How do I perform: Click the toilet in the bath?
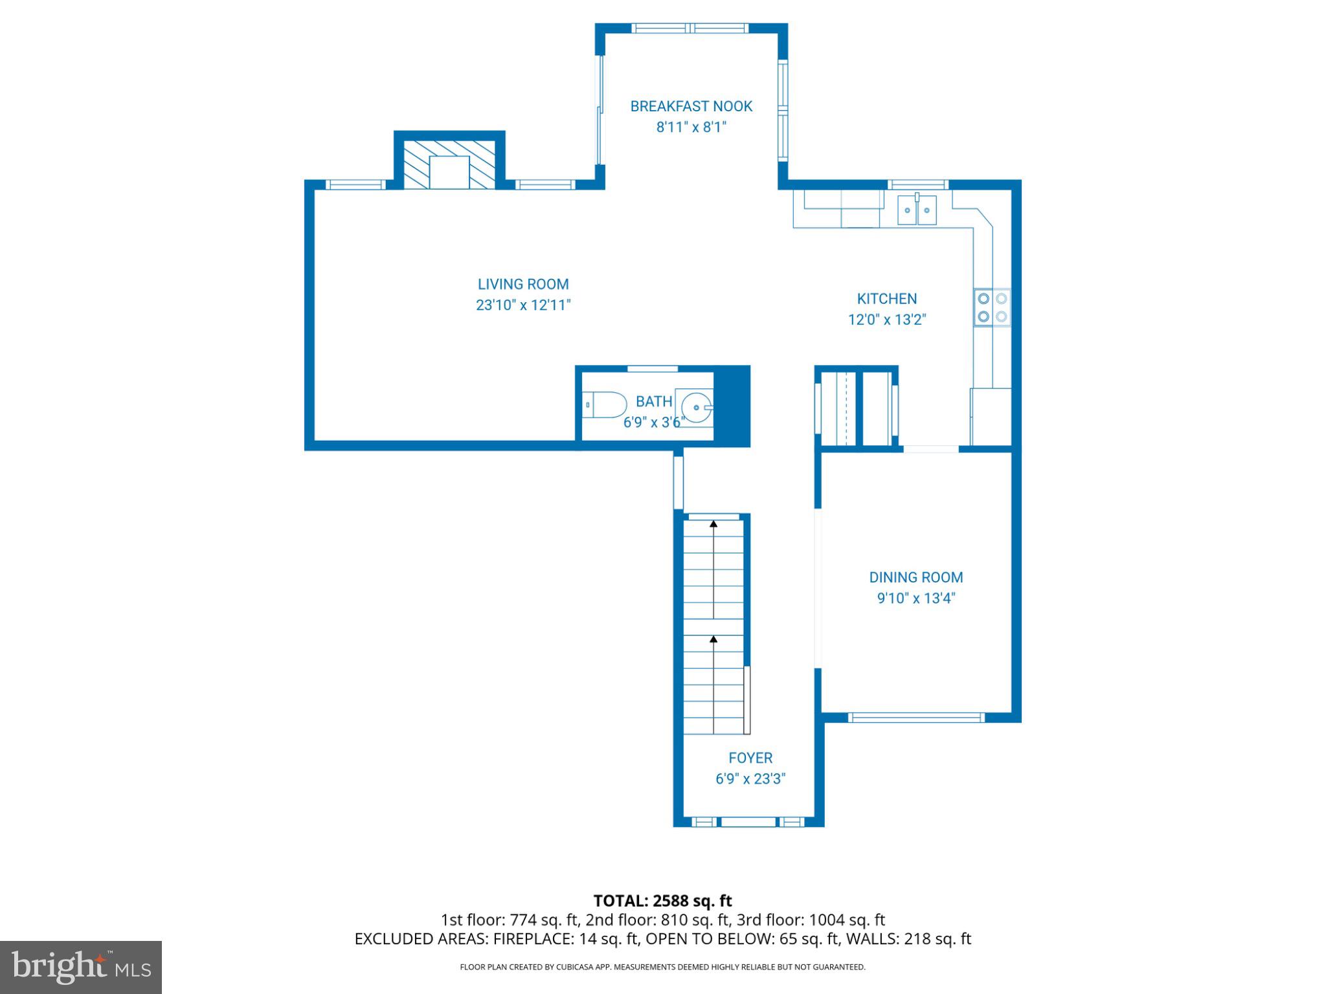coord(605,405)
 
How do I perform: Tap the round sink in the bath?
coord(697,407)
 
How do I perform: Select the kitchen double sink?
coord(917,210)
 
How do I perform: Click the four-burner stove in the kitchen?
coord(992,307)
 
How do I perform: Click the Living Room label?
coord(523,284)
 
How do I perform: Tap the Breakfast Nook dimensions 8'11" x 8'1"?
coord(691,127)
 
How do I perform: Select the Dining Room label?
coord(916,577)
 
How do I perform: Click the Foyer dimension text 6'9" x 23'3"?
coord(750,779)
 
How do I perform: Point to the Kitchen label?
coord(886,299)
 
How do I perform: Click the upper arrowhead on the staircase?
coord(714,524)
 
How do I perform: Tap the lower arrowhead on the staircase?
coord(714,639)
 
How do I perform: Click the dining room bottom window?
coord(916,717)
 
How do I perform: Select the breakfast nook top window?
coord(690,28)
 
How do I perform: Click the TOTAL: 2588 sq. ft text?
coord(662,901)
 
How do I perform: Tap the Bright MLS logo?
coord(80,967)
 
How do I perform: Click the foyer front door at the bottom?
coord(748,822)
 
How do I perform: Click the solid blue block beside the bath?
coord(732,406)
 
